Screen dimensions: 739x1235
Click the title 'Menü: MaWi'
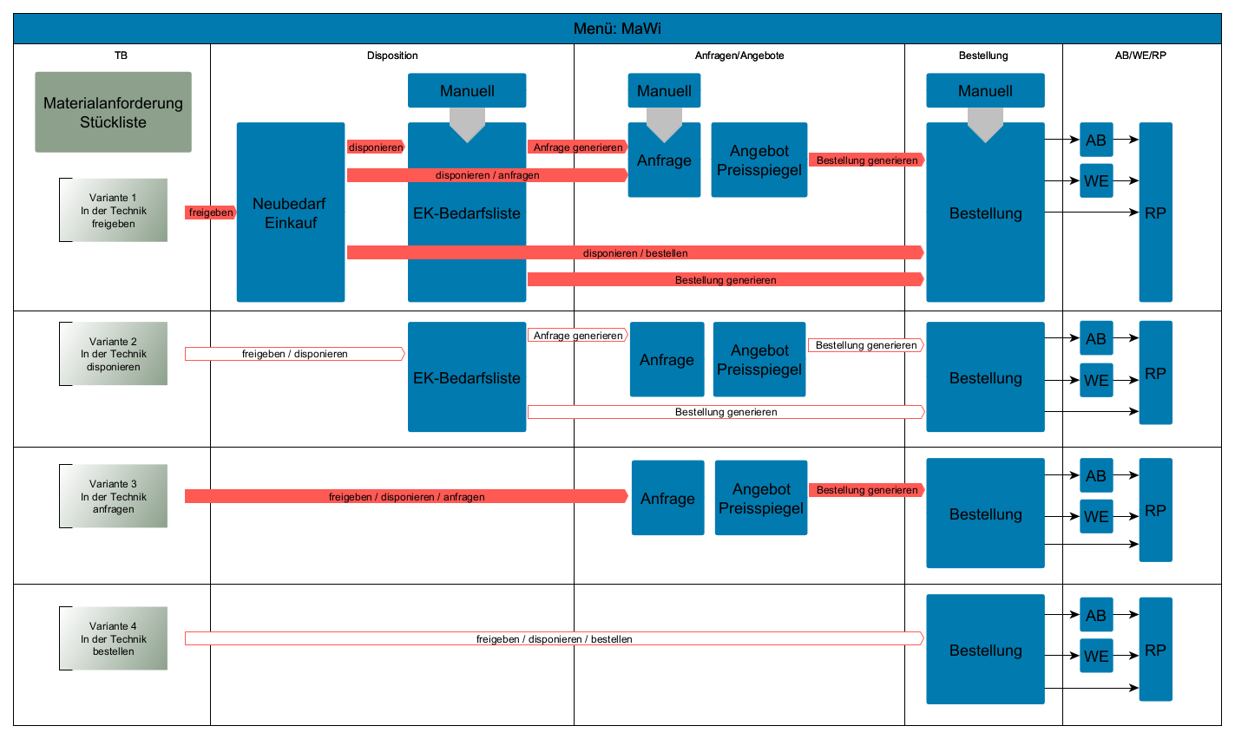pyautogui.click(x=617, y=29)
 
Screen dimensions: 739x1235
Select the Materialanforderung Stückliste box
pyautogui.click(x=113, y=113)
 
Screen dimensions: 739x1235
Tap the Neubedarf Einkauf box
pyautogui.click(x=290, y=213)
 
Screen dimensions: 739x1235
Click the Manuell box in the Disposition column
pyautogui.click(x=467, y=90)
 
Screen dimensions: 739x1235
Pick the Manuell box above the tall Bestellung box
pyautogui.click(x=985, y=90)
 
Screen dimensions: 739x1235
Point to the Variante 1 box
pyautogui.click(x=114, y=210)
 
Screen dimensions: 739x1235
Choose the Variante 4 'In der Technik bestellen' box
pyautogui.click(x=114, y=638)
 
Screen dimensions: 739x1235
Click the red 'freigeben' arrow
pyautogui.click(x=210, y=213)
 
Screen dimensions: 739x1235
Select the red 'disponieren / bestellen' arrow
pyautogui.click(x=635, y=252)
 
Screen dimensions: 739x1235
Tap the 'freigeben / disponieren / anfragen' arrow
pyautogui.click(x=406, y=496)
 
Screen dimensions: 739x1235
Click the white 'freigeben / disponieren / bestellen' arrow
pyautogui.click(x=554, y=638)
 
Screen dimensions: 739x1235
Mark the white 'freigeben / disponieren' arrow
pyautogui.click(x=294, y=354)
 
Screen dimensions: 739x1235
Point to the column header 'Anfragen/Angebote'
pyautogui.click(x=739, y=56)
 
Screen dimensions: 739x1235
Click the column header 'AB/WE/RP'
pyautogui.click(x=1140, y=56)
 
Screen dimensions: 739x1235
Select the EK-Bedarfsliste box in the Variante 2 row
pyautogui.click(x=467, y=377)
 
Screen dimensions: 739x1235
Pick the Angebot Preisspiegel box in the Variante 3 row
pyautogui.click(x=761, y=498)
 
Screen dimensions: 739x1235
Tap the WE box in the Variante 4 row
pyautogui.click(x=1096, y=657)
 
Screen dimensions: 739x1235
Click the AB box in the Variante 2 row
pyautogui.click(x=1096, y=338)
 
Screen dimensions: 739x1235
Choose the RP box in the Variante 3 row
pyautogui.click(x=1155, y=510)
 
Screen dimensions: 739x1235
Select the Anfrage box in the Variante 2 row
pyautogui.click(x=667, y=359)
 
